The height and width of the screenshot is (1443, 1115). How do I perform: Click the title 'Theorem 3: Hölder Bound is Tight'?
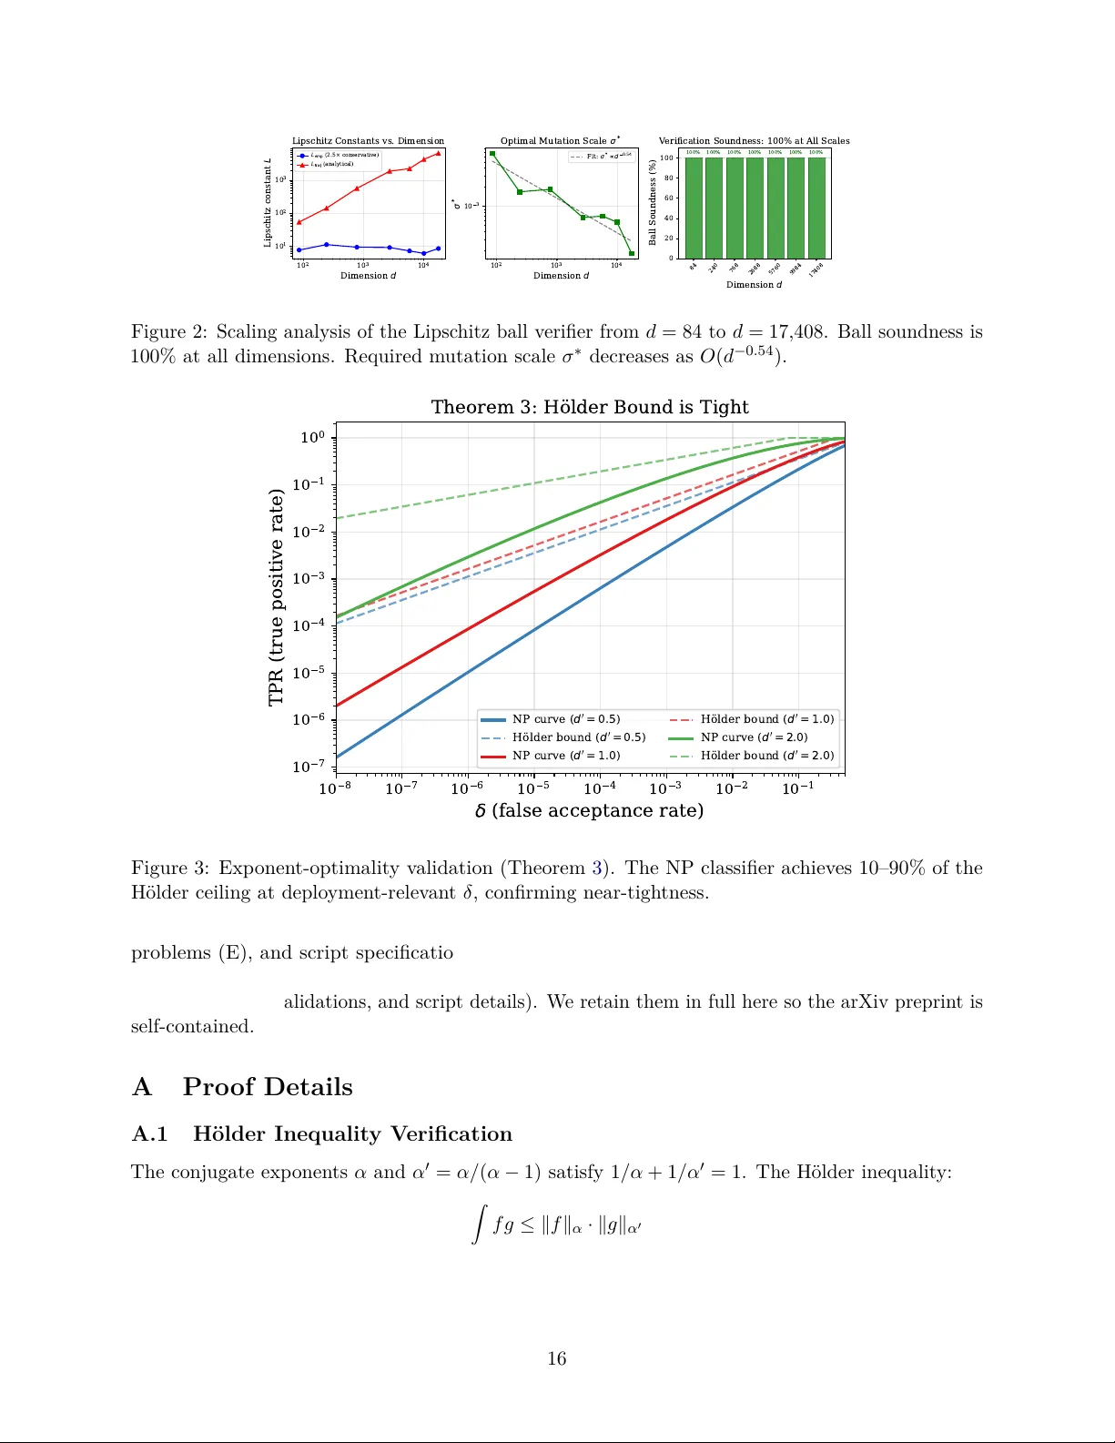click(590, 407)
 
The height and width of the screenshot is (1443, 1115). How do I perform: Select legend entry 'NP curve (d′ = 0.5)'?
click(565, 719)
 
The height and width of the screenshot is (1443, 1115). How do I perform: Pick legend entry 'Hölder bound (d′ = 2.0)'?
click(766, 756)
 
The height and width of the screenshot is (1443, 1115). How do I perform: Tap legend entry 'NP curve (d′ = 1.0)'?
click(565, 756)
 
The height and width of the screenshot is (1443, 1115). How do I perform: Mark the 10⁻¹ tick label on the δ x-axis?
click(798, 788)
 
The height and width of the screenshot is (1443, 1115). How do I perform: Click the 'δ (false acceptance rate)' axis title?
click(589, 810)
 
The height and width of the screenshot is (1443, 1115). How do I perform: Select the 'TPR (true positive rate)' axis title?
click(276, 597)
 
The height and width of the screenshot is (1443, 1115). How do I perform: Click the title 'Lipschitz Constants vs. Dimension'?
click(368, 141)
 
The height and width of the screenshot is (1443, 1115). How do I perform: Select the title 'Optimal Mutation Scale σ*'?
click(560, 141)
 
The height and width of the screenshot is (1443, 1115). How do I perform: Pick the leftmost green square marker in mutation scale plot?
click(492, 154)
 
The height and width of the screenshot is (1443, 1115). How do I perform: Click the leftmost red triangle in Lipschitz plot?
click(299, 221)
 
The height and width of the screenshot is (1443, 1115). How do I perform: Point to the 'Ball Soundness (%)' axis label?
click(652, 202)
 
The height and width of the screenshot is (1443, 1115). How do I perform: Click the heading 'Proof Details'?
click(268, 1087)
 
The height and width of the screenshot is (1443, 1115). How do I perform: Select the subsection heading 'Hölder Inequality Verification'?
click(352, 1133)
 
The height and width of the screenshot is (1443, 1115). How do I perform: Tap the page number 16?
click(557, 1358)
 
